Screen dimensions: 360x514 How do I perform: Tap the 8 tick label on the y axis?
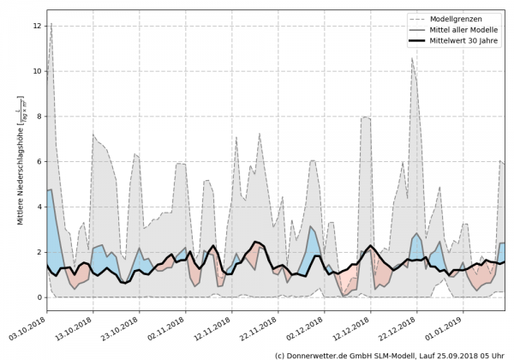(39, 117)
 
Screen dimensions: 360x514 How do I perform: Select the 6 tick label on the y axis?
(39, 162)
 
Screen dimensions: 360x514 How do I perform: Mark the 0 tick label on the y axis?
(39, 297)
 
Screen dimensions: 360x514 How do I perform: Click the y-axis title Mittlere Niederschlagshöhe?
(19, 163)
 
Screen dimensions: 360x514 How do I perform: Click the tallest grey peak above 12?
(51, 24)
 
